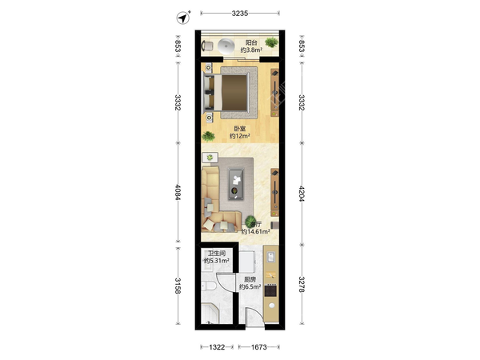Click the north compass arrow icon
coord(182,18)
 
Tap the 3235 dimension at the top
coord(240,13)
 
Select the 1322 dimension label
coord(217,347)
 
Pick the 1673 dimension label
coord(259,347)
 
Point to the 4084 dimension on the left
coord(178,192)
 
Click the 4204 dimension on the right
coord(302,194)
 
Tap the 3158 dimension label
coord(178,286)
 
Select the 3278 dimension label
coord(302,284)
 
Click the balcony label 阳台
coord(251,43)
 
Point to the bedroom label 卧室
coord(240,129)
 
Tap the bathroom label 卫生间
coord(217,254)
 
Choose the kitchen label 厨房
coord(250,279)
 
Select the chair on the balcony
coord(207,46)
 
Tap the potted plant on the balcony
coord(271,42)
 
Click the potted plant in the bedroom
coord(208,136)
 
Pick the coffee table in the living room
coord(236,184)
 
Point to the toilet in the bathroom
coord(209,286)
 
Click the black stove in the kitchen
coord(270,290)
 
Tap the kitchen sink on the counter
coord(271,257)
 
